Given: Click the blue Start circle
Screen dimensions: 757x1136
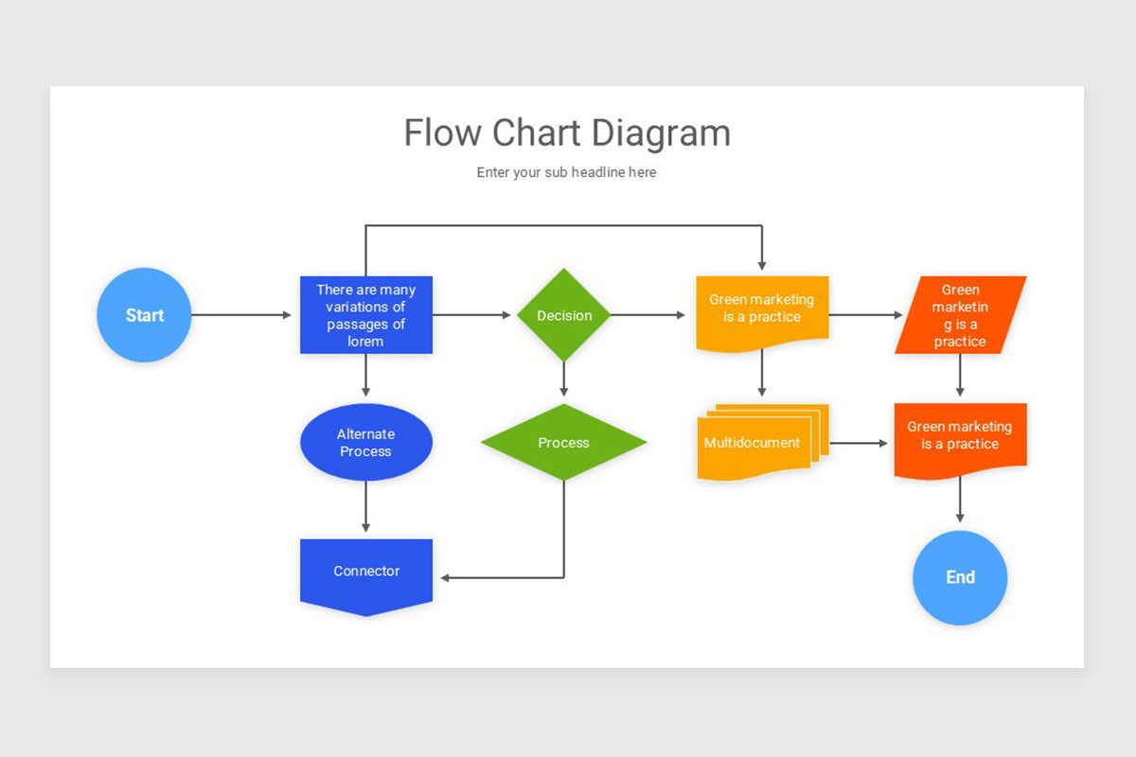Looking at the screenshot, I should pos(144,315).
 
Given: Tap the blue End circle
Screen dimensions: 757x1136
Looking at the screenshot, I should pos(960,577).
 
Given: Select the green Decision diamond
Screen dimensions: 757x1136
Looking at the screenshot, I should pos(564,315).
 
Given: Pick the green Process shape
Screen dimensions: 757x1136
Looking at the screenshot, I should pos(564,442).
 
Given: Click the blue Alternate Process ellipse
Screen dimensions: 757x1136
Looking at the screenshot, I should pos(366,442).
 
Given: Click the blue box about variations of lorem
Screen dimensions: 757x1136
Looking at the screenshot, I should pos(366,315).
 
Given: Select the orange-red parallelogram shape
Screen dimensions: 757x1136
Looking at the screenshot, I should pos(960,315).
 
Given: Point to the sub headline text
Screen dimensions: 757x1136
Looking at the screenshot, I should pos(566,172).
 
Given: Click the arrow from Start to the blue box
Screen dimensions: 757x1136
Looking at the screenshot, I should pos(241,315).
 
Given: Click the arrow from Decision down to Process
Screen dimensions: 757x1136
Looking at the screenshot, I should pos(564,378).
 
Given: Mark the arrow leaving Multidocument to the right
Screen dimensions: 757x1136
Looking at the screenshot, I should pos(858,443).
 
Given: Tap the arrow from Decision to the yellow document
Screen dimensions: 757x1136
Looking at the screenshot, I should pos(648,315).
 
